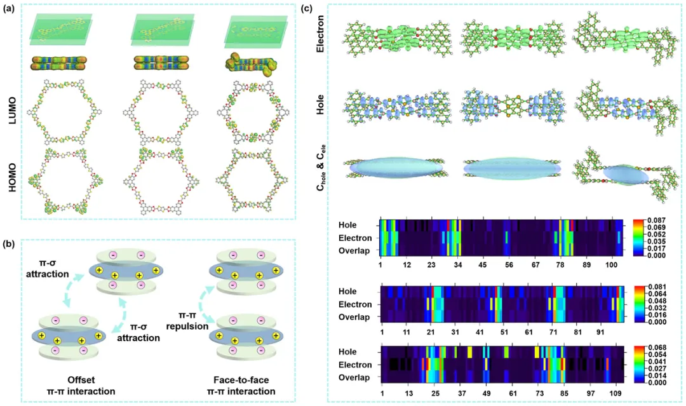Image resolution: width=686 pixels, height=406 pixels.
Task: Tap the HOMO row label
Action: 11,186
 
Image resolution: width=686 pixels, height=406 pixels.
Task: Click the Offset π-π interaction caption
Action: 69,385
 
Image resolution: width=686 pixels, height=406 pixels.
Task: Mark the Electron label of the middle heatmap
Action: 355,304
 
